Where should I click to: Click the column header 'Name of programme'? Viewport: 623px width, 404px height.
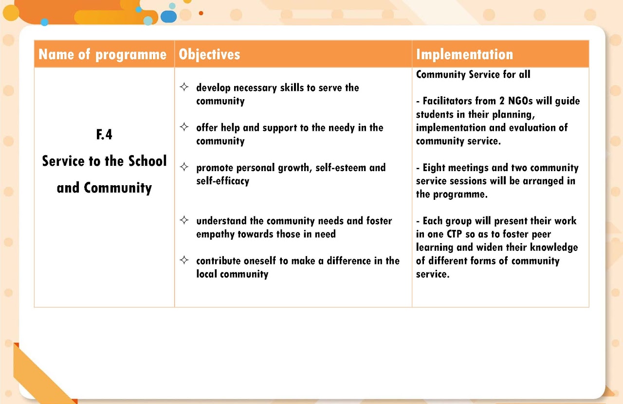click(x=102, y=54)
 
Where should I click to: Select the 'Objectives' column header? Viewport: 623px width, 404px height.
click(x=209, y=54)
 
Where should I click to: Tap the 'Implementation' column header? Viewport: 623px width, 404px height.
click(x=464, y=54)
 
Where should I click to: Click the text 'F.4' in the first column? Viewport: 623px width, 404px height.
click(x=104, y=135)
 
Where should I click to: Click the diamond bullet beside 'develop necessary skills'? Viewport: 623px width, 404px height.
click(x=184, y=88)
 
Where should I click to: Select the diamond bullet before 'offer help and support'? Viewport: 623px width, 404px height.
click(x=184, y=127)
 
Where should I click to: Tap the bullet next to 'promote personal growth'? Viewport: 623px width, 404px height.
click(x=184, y=167)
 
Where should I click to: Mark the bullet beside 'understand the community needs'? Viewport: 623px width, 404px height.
click(x=184, y=220)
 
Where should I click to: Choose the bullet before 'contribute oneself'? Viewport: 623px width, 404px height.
click(x=184, y=260)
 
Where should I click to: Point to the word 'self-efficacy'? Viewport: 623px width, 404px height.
click(x=222, y=181)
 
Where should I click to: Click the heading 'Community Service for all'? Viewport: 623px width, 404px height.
click(x=473, y=74)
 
